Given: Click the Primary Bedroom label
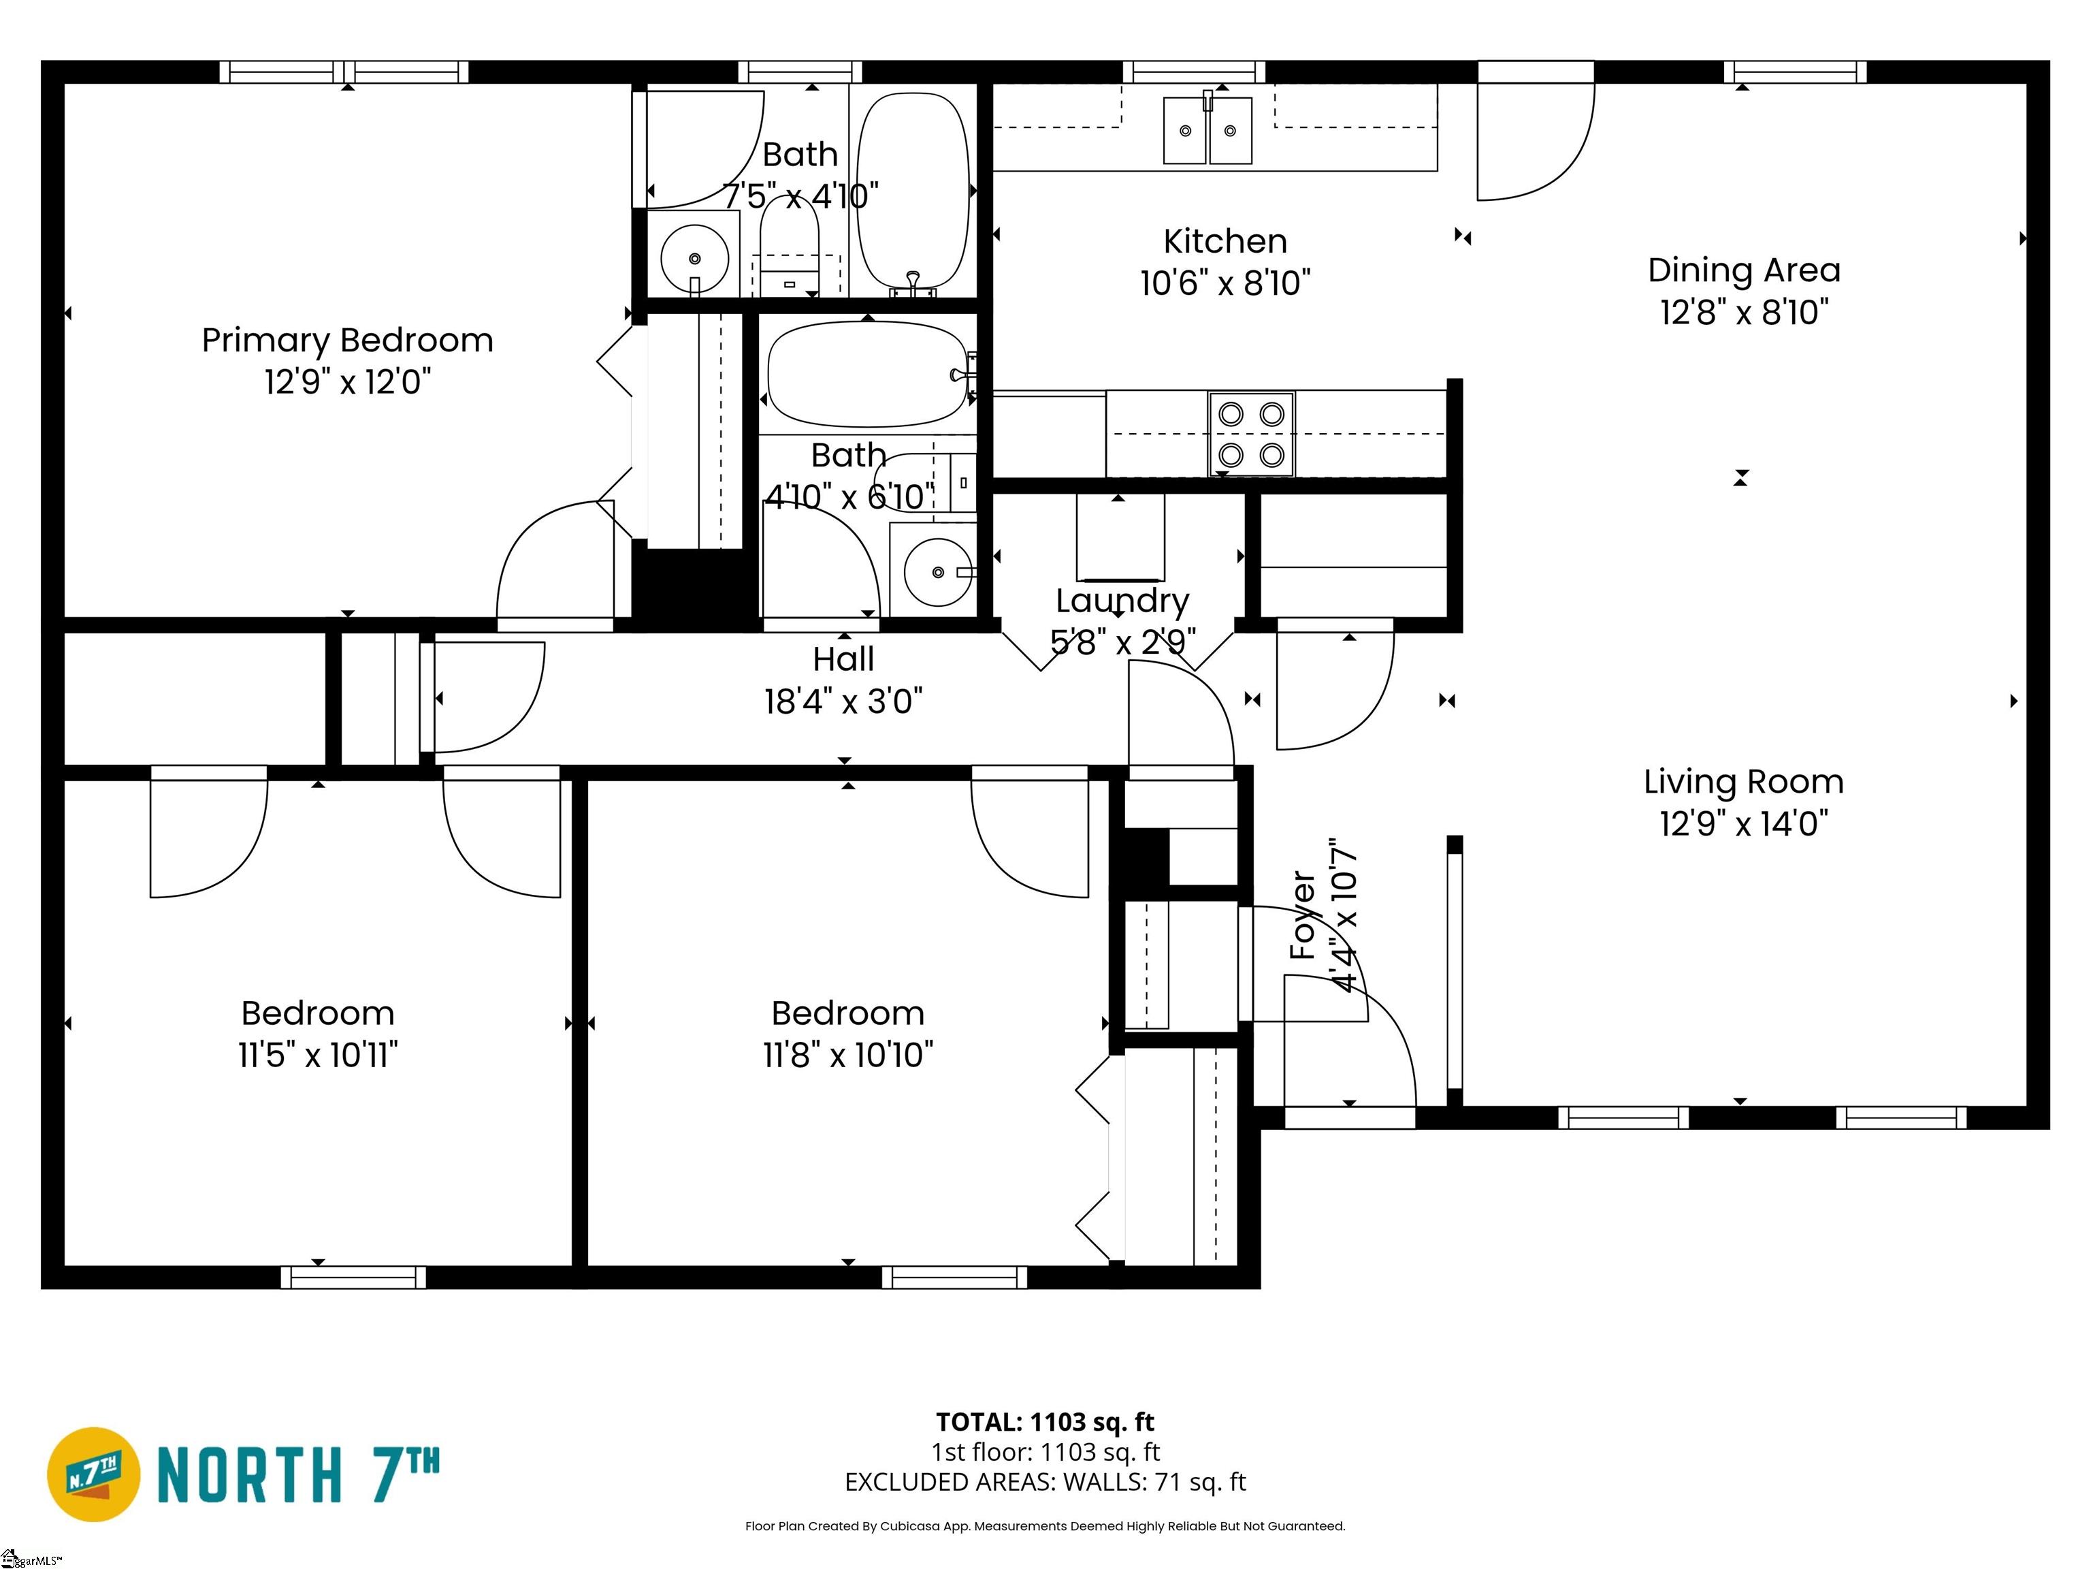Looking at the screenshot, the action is [x=347, y=340].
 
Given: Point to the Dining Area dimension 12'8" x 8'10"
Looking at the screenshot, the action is [x=1744, y=312].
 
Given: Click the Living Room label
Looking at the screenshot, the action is [x=1744, y=782].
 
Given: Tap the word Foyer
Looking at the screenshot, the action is [x=1303, y=915].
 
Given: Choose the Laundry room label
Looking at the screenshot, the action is [x=1122, y=601].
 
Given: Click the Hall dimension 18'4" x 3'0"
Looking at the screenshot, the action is [x=843, y=701].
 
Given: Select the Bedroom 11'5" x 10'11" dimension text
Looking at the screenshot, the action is [x=318, y=1054].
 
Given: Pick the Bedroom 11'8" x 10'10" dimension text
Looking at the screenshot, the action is [x=848, y=1054].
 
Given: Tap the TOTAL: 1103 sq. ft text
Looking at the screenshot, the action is [x=1045, y=1423].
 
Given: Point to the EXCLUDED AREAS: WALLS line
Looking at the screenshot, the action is [x=1045, y=1482].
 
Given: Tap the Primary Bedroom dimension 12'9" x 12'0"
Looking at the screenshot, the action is [x=347, y=382].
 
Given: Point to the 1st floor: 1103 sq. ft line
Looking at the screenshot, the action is [x=1045, y=1452].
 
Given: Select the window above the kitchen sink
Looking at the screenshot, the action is [x=1194, y=72].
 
